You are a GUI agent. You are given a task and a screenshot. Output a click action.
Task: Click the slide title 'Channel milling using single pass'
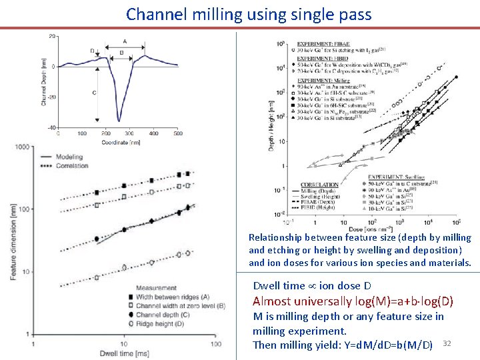(x=249, y=14)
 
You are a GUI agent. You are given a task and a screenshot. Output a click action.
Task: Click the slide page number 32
(x=447, y=343)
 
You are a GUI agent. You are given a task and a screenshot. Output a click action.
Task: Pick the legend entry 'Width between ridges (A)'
(x=172, y=297)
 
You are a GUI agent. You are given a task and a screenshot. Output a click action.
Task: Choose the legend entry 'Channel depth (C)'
(x=164, y=314)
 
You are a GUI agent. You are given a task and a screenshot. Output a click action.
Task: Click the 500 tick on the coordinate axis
(x=178, y=133)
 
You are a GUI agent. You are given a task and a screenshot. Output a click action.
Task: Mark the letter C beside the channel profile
(x=94, y=93)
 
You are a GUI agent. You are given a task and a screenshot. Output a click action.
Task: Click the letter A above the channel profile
(x=125, y=41)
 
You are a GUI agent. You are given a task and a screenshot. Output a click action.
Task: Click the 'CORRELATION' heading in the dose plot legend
(x=320, y=185)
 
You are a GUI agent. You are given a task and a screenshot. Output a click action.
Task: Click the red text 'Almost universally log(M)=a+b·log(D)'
(x=353, y=301)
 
